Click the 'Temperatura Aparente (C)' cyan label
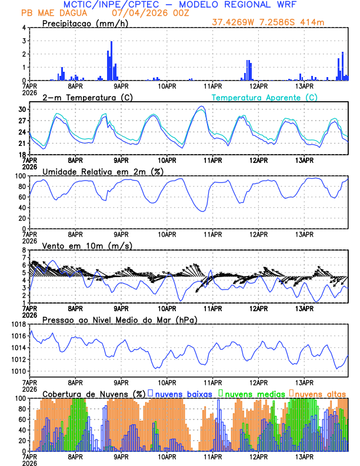(x=264, y=97)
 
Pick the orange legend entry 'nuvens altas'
(x=321, y=393)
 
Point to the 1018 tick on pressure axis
(x=19, y=324)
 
